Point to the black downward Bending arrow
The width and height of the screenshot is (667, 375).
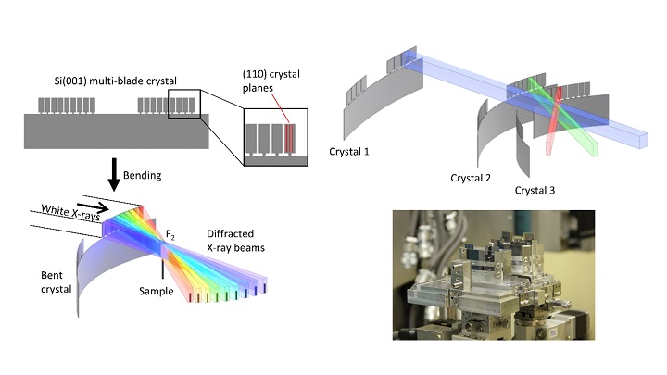pos(114,174)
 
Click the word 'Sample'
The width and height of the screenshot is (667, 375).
pos(156,291)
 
